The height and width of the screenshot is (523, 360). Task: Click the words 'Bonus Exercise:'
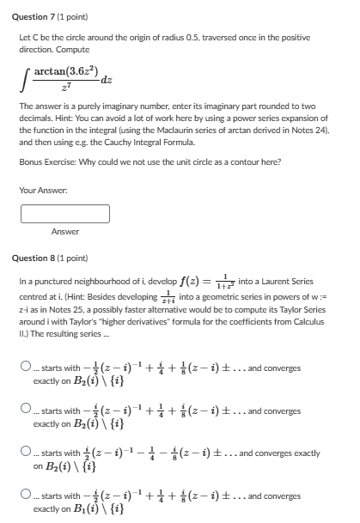(46, 161)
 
